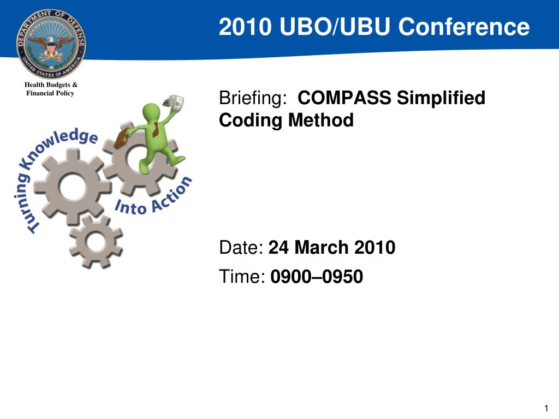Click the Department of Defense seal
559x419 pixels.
[x=51, y=44]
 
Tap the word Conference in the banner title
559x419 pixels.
[x=464, y=27]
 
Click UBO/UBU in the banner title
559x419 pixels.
[x=335, y=27]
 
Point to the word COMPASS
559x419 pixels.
[x=344, y=98]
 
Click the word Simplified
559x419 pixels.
[x=441, y=98]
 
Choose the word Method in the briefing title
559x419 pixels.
[x=321, y=120]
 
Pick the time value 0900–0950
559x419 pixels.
[x=317, y=277]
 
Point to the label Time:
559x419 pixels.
[x=242, y=277]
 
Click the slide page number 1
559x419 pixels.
[x=546, y=408]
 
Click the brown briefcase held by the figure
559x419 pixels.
[x=121, y=139]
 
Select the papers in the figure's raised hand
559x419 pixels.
[x=174, y=102]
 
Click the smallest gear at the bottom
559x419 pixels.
[x=96, y=242]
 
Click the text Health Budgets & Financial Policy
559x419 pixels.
[x=51, y=89]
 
